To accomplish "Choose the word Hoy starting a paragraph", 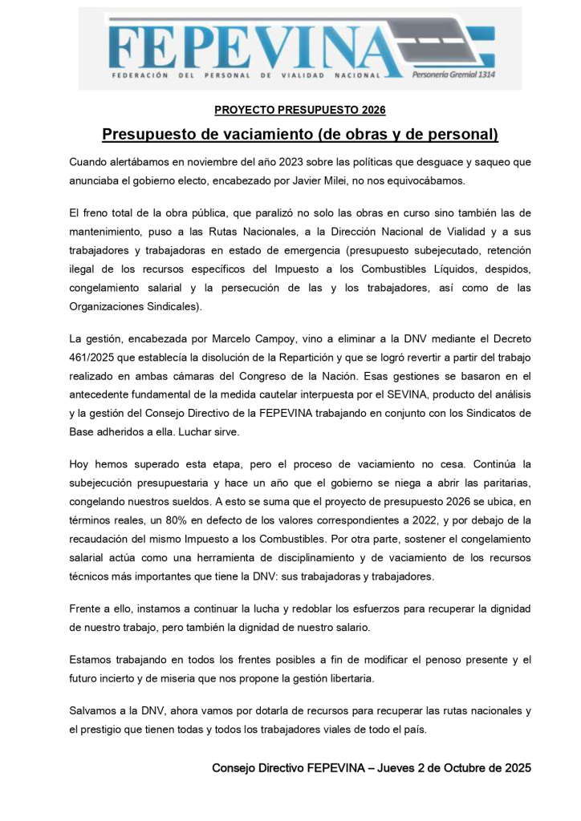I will pyautogui.click(x=80, y=463).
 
